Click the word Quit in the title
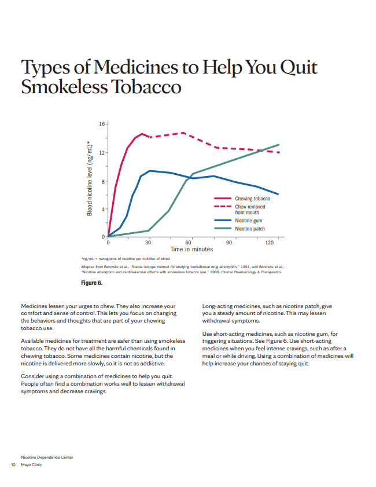click(x=298, y=68)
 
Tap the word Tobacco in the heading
click(x=146, y=87)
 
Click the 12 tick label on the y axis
click(x=102, y=153)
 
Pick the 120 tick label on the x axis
click(x=270, y=243)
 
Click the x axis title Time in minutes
click(x=191, y=249)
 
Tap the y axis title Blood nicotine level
click(x=89, y=178)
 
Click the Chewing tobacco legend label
click(x=253, y=199)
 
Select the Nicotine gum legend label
click(x=249, y=221)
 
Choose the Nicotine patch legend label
click(x=250, y=229)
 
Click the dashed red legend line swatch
click(x=223, y=206)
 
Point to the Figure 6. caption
click(x=92, y=283)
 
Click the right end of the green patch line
click(x=279, y=145)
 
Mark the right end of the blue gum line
click(x=278, y=194)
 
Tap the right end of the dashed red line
click(x=279, y=152)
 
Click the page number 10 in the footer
click(x=13, y=464)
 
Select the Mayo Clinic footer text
click(x=31, y=464)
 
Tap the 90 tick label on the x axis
click(x=229, y=243)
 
